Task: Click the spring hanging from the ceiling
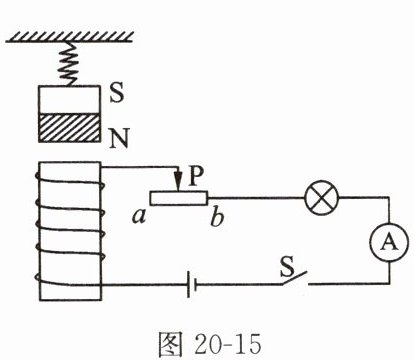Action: click(x=70, y=64)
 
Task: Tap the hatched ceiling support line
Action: click(x=69, y=37)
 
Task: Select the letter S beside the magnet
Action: click(x=117, y=92)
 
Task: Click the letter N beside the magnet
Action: click(x=119, y=138)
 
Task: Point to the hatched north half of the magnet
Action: click(x=70, y=128)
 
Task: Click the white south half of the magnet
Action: click(x=70, y=100)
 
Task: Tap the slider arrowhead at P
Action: click(x=179, y=182)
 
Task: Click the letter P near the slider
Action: click(x=195, y=176)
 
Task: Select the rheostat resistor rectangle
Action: click(x=179, y=198)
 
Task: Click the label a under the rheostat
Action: click(x=139, y=217)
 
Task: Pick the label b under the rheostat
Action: click(x=217, y=218)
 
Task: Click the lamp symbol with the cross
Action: click(x=322, y=198)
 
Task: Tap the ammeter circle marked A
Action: click(x=389, y=242)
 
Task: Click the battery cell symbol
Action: click(x=191, y=284)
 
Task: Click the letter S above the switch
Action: click(x=287, y=267)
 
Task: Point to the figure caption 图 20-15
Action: click(x=209, y=344)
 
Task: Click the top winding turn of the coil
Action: click(x=70, y=183)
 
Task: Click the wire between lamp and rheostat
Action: click(x=256, y=198)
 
